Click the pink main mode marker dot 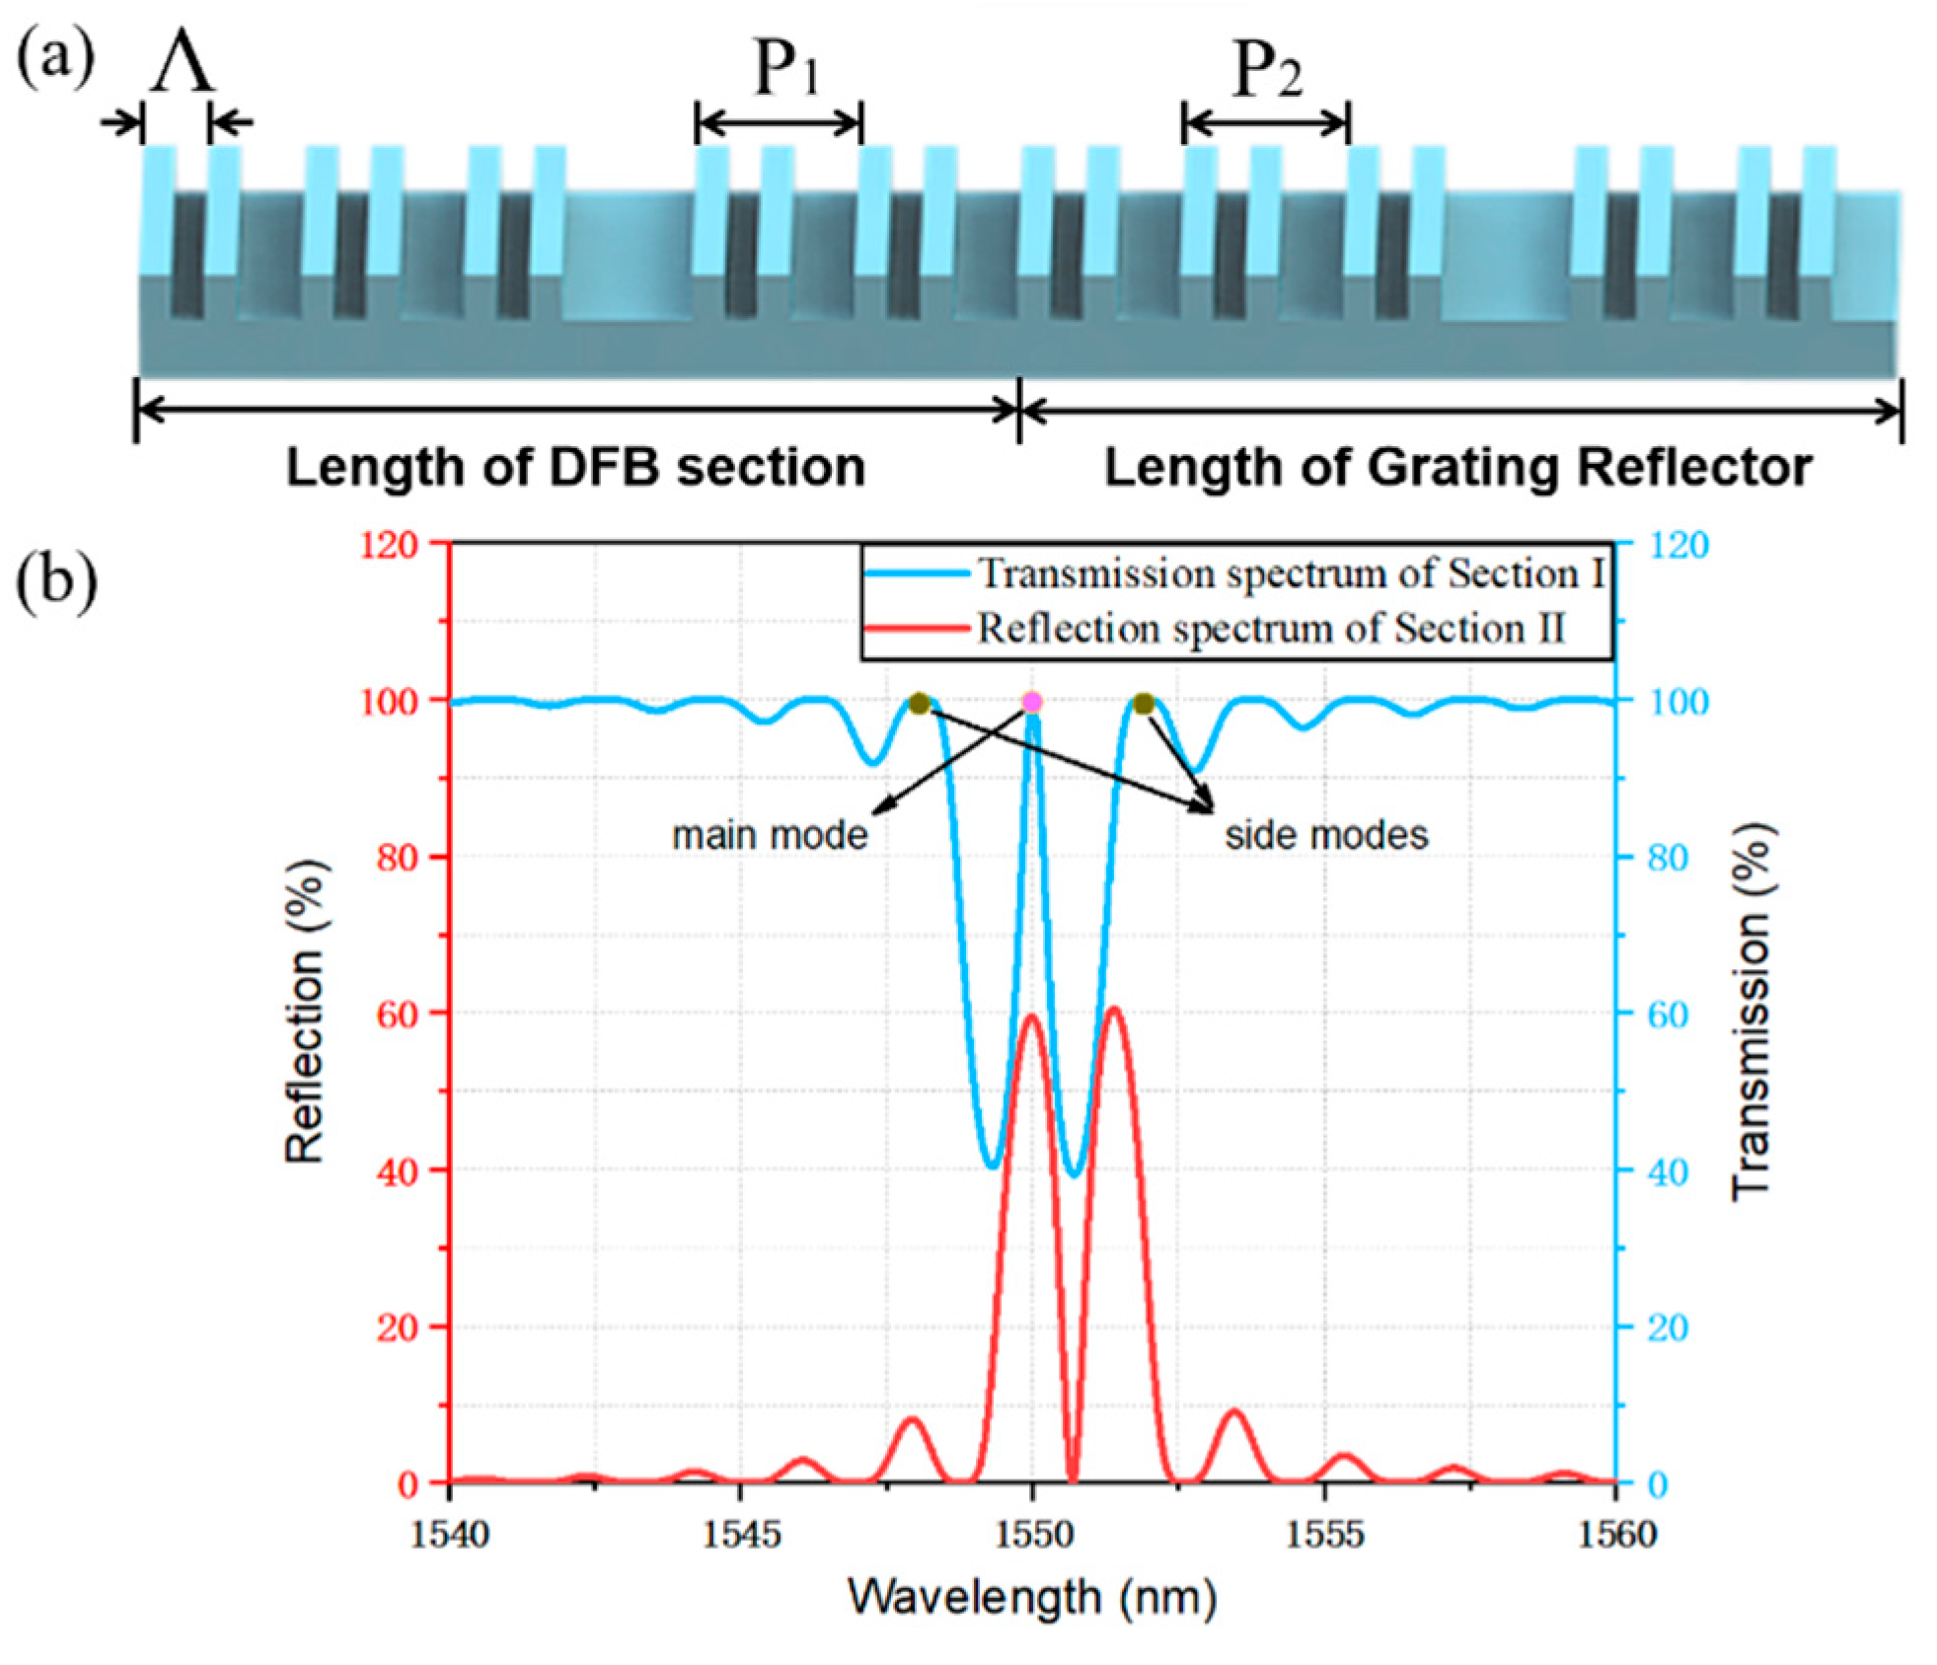point(1031,702)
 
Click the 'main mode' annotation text point(770,835)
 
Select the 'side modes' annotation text point(1326,835)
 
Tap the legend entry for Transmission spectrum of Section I point(1290,573)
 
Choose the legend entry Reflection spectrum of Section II point(1270,629)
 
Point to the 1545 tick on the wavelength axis point(741,1533)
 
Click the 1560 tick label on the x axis point(1616,1533)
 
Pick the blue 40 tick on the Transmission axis point(1668,1172)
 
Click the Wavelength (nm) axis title point(1031,1596)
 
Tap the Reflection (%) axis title point(305,1011)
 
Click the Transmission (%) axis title point(1751,1011)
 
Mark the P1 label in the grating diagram point(786,69)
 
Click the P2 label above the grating point(1268,69)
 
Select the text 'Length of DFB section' point(575,467)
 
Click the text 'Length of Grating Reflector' point(1457,467)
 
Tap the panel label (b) point(56,581)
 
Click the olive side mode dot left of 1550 point(920,704)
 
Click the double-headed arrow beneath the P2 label point(1266,123)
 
